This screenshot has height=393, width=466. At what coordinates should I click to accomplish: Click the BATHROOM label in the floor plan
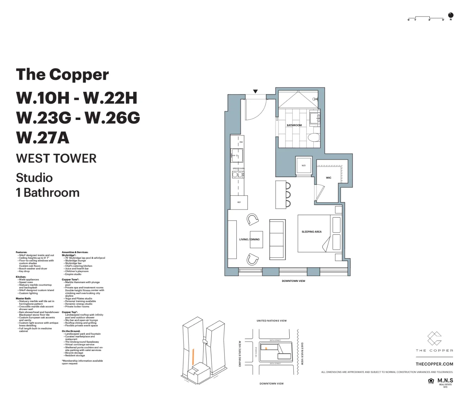tap(294, 125)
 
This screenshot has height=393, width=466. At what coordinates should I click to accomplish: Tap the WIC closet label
tap(328, 178)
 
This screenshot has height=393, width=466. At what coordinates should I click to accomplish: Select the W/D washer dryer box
tap(304, 166)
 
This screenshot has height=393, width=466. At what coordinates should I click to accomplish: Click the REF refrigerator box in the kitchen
tap(239, 202)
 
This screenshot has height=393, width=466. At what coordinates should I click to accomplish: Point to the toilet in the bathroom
tap(314, 138)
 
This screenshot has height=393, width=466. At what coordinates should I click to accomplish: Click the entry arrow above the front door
tap(255, 91)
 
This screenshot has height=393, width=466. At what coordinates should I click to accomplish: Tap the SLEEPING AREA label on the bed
tap(311, 232)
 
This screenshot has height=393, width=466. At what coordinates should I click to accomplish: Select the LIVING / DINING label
tap(249, 240)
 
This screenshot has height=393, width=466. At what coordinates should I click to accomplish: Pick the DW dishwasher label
tap(241, 142)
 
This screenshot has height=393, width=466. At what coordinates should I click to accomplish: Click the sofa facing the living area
tap(277, 239)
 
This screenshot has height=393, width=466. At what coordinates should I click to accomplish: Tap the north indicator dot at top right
tap(451, 15)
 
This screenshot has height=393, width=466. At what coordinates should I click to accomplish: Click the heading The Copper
tap(62, 75)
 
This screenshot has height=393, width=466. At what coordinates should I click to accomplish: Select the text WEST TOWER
tap(56, 159)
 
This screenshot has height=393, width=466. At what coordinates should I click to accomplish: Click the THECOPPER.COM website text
tap(434, 364)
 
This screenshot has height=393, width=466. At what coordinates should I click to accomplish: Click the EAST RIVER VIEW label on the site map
tap(302, 354)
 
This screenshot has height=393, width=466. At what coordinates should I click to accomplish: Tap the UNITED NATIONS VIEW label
tap(271, 320)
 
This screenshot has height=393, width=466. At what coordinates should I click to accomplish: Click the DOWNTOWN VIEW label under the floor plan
tap(293, 281)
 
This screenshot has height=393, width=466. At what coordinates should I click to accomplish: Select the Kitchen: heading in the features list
tap(21, 277)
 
